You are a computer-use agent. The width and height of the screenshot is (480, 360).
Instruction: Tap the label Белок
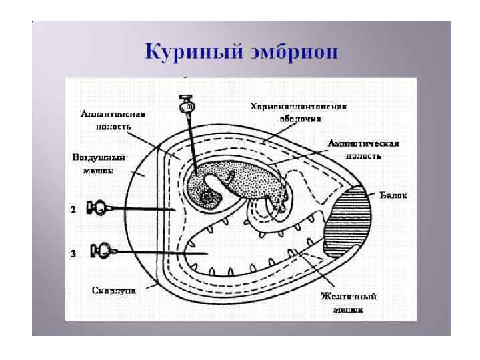[x=393, y=196]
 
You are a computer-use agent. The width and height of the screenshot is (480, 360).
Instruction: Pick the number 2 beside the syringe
[x=75, y=209]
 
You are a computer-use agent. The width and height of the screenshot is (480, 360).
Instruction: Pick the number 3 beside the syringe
[x=75, y=252]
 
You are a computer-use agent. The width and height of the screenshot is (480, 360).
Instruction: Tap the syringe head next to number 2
[x=98, y=209]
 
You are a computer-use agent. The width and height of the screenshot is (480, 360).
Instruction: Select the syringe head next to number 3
[x=102, y=251]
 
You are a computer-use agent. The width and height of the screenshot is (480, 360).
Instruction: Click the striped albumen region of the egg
[x=351, y=220]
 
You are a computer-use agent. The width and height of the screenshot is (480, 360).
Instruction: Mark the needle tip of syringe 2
[x=175, y=210]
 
